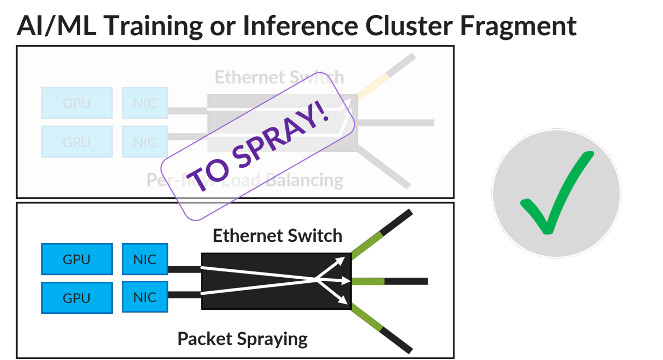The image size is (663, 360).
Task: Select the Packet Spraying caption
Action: pyautogui.click(x=242, y=339)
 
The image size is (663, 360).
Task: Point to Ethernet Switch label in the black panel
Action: pyautogui.click(x=278, y=236)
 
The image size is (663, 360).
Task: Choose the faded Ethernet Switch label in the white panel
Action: pyautogui.click(x=279, y=77)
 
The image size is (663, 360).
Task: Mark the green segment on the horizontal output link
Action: pyautogui.click(x=368, y=281)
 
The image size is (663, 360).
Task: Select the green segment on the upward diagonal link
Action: pyautogui.click(x=367, y=246)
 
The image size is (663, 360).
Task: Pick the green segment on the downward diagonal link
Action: pyautogui.click(x=367, y=317)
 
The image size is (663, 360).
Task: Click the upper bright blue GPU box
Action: pyautogui.click(x=77, y=259)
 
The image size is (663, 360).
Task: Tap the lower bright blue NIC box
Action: pyautogui.click(x=145, y=297)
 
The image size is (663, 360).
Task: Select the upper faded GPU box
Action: pyautogui.click(x=77, y=103)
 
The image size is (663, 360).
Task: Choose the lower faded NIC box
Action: pyautogui.click(x=145, y=141)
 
